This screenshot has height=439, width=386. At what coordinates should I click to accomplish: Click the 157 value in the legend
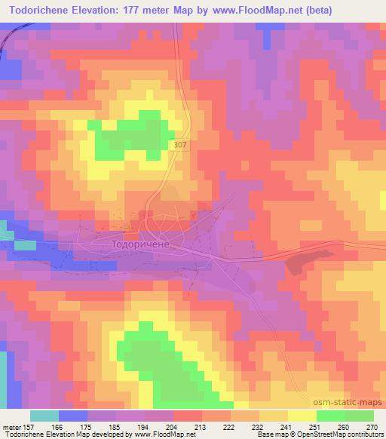pyautogui.click(x=28, y=426)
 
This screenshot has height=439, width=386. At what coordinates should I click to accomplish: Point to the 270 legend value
pyautogui.click(x=372, y=426)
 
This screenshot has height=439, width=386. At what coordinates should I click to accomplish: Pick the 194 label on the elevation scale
pyautogui.click(x=143, y=426)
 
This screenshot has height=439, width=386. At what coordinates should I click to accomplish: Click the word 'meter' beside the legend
pyautogui.click(x=11, y=426)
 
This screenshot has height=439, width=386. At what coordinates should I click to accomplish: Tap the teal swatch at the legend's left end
pyautogui.click(x=44, y=416)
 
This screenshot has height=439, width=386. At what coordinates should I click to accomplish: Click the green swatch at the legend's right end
pyautogui.click(x=359, y=416)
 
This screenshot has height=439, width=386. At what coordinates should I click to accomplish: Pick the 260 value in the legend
pyautogui.click(x=344, y=426)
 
